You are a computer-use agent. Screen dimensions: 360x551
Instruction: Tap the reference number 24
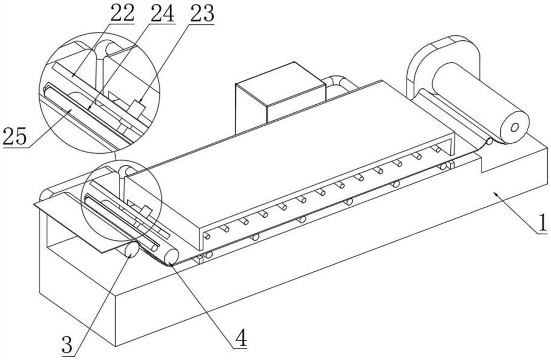coord(160,13)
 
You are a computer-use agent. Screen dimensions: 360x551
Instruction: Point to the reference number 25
coord(15,136)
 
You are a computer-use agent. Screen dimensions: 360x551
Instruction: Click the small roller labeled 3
coord(132,250)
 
